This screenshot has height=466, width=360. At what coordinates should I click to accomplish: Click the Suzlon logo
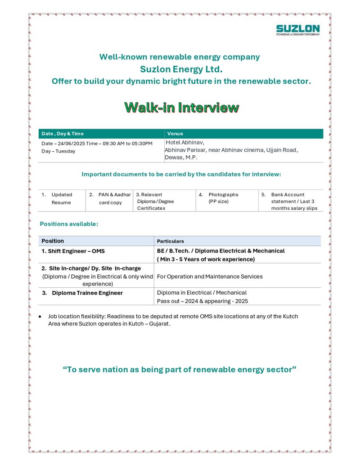coord(297,30)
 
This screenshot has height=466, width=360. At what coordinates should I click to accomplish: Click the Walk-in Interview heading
coord(181,108)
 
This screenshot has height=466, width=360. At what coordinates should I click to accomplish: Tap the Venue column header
coord(175,134)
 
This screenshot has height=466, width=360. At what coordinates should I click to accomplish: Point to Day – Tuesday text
coord(58,151)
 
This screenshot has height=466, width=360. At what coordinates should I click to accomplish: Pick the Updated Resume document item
coord(61,199)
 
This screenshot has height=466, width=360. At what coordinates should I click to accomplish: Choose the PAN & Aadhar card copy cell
coord(110,199)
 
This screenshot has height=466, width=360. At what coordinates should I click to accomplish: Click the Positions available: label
coord(69,224)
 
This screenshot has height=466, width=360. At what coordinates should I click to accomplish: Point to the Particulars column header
coord(171,241)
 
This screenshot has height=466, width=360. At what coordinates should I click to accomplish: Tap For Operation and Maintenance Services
coord(210,276)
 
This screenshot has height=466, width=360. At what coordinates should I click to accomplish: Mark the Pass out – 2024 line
coord(202,301)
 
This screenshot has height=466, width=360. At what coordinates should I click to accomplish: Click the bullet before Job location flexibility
coord(41,317)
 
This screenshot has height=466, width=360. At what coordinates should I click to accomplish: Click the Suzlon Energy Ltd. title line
coord(181,69)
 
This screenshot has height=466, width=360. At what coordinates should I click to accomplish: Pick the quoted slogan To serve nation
coord(180,370)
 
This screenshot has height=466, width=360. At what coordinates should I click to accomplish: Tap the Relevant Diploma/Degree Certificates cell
coord(155,201)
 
